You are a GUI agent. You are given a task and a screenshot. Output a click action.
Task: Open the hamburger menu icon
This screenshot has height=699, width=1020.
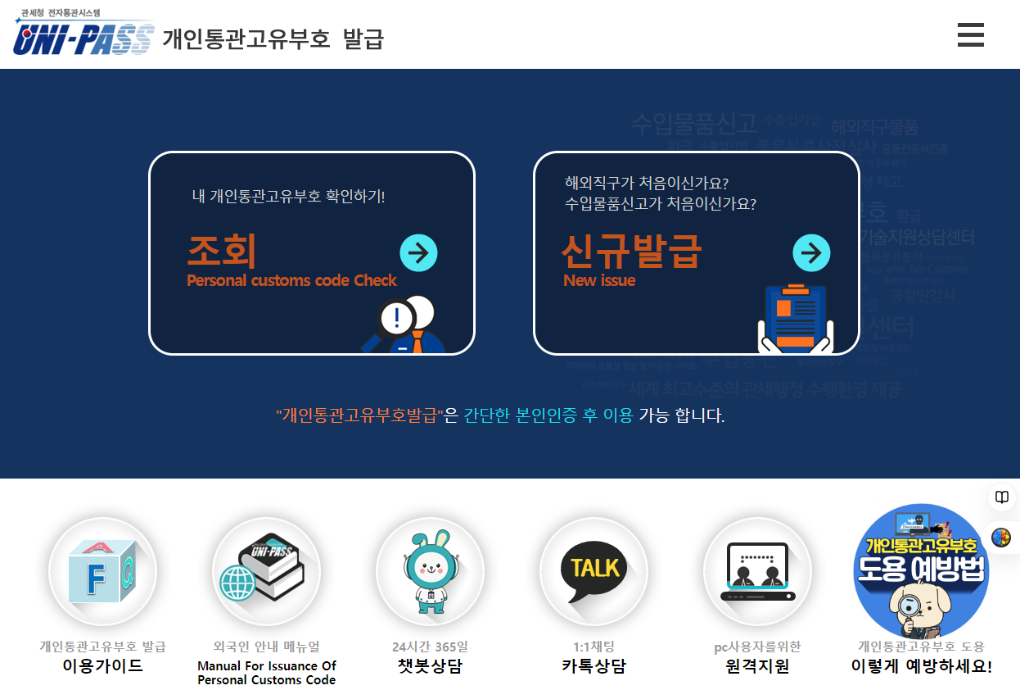(970, 35)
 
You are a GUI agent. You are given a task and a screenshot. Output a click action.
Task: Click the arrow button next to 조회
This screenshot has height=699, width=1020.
(418, 253)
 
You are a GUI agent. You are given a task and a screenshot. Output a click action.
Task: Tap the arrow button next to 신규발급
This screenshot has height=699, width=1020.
(811, 253)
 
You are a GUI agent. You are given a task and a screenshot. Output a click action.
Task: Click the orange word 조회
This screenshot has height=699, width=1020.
(222, 250)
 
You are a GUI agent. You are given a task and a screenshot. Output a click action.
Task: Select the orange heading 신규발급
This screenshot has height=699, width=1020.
(631, 250)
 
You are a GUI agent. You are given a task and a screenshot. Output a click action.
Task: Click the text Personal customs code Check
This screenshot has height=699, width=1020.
(291, 280)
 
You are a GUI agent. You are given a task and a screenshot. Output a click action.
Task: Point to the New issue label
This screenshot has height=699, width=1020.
(599, 280)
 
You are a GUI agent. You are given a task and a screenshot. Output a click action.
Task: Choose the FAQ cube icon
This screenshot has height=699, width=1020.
(102, 571)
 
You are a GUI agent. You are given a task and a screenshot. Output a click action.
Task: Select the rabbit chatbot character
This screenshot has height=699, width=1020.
(430, 571)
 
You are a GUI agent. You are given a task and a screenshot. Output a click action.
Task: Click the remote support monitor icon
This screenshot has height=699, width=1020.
(757, 571)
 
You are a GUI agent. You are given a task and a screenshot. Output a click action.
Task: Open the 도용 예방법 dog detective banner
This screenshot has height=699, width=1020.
(921, 571)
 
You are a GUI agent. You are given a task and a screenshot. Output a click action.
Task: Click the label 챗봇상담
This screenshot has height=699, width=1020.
(430, 665)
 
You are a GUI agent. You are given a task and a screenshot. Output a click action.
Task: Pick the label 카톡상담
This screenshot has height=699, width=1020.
(593, 665)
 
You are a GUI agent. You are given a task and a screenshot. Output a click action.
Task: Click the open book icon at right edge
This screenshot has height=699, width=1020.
(1001, 497)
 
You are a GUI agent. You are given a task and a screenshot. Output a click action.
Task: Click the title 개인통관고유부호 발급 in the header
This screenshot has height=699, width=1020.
(273, 39)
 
